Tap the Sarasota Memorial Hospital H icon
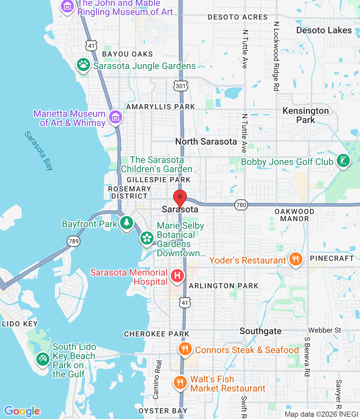(x=177, y=275)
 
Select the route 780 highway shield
(x=241, y=205)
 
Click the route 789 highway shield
(x=74, y=241)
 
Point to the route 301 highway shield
(x=180, y=86)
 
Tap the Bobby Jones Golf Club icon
(x=343, y=161)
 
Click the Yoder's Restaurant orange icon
(x=296, y=260)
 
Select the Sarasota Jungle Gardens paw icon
(x=83, y=65)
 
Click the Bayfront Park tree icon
(x=126, y=223)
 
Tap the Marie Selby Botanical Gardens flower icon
(x=147, y=238)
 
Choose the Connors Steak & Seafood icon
(x=185, y=349)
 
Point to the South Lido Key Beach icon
(x=43, y=359)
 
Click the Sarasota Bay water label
(x=39, y=151)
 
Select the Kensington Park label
(x=306, y=115)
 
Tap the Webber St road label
(x=325, y=330)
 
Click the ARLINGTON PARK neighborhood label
(x=224, y=286)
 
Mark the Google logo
(x=22, y=411)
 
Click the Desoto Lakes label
(x=324, y=30)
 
